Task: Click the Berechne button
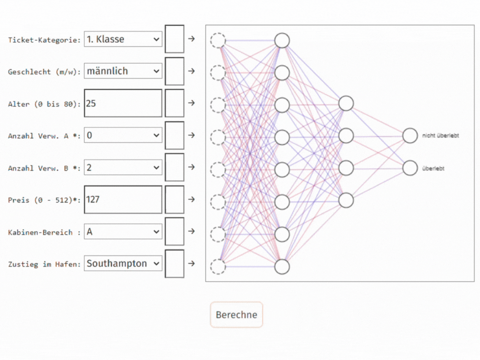[x=236, y=315]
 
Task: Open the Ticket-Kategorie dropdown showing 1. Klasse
[x=123, y=39]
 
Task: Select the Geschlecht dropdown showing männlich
[x=123, y=71]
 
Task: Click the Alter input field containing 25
[x=123, y=103]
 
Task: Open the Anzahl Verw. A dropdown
[x=123, y=135]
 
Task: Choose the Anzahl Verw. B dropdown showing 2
[x=123, y=167]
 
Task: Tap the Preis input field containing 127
[x=123, y=200]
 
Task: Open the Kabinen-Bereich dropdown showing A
[x=123, y=232]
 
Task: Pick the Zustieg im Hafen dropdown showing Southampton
[x=123, y=263]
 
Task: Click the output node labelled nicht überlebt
[x=410, y=135]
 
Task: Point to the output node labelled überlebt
[x=410, y=168]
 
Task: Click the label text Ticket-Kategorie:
[x=45, y=40]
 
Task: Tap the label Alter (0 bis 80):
[x=45, y=104]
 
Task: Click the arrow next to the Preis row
[x=191, y=199]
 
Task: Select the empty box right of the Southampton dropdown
[x=174, y=263]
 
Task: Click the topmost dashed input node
[x=218, y=41]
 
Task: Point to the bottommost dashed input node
[x=218, y=266]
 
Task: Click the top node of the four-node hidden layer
[x=346, y=103]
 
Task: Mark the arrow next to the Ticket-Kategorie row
[x=191, y=39]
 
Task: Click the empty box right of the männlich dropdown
[x=174, y=71]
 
